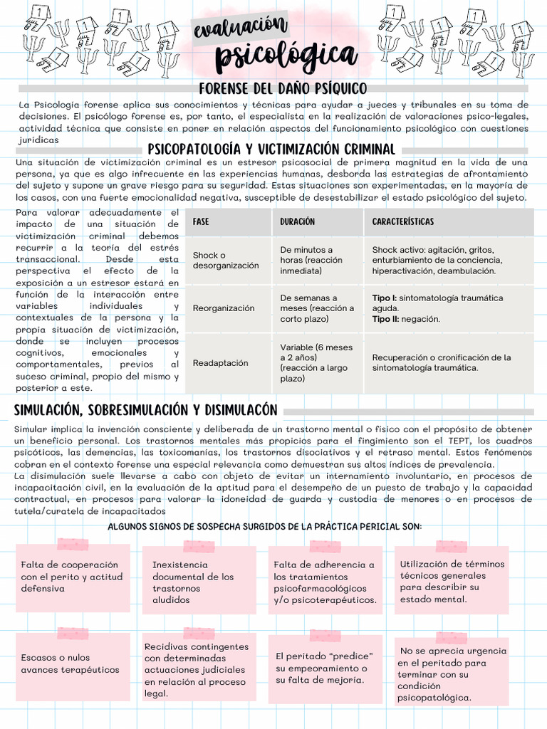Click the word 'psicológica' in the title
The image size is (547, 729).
click(286, 54)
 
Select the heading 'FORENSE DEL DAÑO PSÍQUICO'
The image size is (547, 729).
click(283, 88)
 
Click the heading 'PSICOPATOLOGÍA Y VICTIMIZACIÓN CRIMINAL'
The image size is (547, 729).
click(271, 150)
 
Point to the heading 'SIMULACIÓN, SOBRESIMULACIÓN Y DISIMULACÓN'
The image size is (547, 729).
click(145, 411)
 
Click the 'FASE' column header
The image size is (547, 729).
click(201, 222)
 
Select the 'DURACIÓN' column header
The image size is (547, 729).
click(297, 222)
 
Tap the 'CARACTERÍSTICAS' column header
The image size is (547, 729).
click(402, 222)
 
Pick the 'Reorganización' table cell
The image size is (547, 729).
click(223, 308)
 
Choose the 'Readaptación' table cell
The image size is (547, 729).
click(220, 363)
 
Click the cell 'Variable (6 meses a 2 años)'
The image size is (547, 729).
click(316, 363)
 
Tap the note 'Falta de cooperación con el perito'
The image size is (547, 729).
click(72, 577)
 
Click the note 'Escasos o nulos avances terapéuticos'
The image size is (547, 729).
click(70, 664)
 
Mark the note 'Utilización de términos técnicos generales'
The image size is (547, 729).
click(452, 581)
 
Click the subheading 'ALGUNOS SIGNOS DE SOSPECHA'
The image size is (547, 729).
click(264, 526)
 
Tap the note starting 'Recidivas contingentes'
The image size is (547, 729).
click(197, 669)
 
